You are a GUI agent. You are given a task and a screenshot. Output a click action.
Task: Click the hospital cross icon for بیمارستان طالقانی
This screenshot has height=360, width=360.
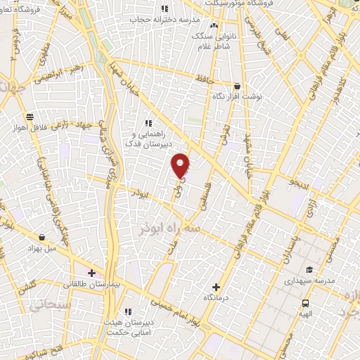click(x=91, y=272)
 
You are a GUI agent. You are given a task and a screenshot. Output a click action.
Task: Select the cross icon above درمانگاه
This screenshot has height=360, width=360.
click(x=216, y=287)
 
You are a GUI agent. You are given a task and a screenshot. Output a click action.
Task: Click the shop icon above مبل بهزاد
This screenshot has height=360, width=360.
click(x=43, y=238)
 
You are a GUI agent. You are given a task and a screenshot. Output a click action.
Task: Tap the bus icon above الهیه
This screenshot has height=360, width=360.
click(x=304, y=303)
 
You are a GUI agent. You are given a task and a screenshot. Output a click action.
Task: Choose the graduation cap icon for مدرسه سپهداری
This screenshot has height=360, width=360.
click(x=309, y=269)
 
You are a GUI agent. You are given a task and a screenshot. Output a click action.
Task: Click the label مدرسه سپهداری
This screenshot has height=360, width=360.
click(x=309, y=280)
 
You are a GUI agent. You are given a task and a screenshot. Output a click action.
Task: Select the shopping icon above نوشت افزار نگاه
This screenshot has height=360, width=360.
click(x=237, y=86)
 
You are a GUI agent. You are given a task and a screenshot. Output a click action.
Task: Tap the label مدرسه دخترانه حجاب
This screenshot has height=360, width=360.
click(x=162, y=19)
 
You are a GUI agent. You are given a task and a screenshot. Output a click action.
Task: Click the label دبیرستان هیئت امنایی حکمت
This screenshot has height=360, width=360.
click(x=127, y=325)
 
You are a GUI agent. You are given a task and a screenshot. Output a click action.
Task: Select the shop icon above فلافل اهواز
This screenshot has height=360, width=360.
click(x=30, y=117)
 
